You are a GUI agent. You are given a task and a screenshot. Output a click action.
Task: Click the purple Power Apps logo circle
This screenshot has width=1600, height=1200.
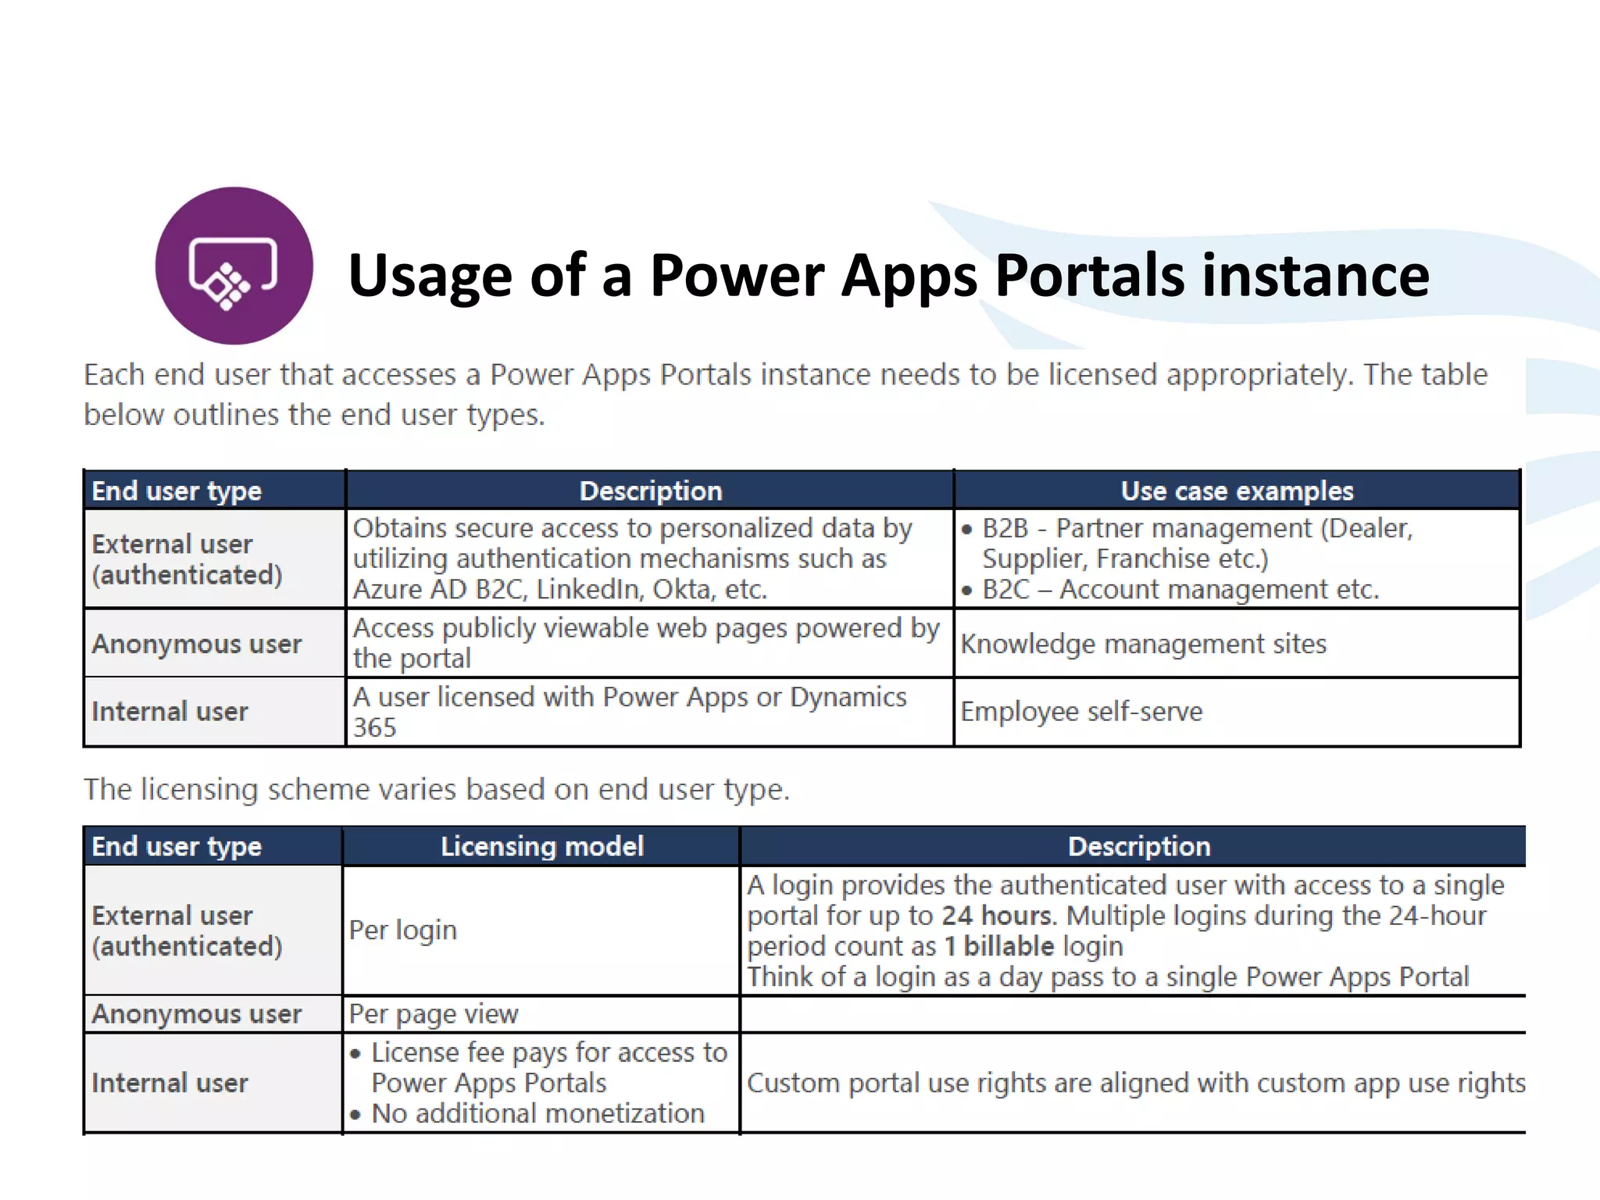tap(234, 266)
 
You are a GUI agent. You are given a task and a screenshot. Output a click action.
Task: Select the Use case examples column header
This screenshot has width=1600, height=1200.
tap(1236, 491)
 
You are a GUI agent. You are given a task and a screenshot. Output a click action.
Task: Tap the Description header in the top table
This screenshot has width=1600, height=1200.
tap(650, 491)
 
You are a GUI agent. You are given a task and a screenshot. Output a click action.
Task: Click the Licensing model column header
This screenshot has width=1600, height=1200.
tap(541, 846)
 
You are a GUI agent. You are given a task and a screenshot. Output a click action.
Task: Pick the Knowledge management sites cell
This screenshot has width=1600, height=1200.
tap(1143, 644)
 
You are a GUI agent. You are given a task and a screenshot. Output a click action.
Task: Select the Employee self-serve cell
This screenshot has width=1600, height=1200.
tap(1081, 712)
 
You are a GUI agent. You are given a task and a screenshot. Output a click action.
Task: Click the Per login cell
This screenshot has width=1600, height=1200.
tap(402, 930)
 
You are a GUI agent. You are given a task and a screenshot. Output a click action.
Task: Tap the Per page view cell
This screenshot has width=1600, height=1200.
tap(433, 1014)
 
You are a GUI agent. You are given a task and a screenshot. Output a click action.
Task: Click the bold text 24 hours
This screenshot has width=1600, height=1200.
tap(996, 916)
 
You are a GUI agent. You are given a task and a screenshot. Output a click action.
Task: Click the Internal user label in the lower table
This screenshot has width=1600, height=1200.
tap(170, 1083)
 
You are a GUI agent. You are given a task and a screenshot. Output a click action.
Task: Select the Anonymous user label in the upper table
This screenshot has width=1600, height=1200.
tap(196, 644)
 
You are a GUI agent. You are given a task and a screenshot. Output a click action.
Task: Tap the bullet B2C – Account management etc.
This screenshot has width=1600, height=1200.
tap(1180, 589)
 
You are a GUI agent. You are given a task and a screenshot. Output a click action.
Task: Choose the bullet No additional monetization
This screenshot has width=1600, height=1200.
tap(537, 1113)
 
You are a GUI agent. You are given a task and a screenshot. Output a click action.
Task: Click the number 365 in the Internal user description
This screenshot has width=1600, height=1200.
tap(374, 727)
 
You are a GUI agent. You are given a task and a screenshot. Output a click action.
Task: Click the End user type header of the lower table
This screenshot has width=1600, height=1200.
tap(177, 846)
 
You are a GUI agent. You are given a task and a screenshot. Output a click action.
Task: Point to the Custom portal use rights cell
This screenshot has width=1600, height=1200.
tap(1135, 1083)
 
